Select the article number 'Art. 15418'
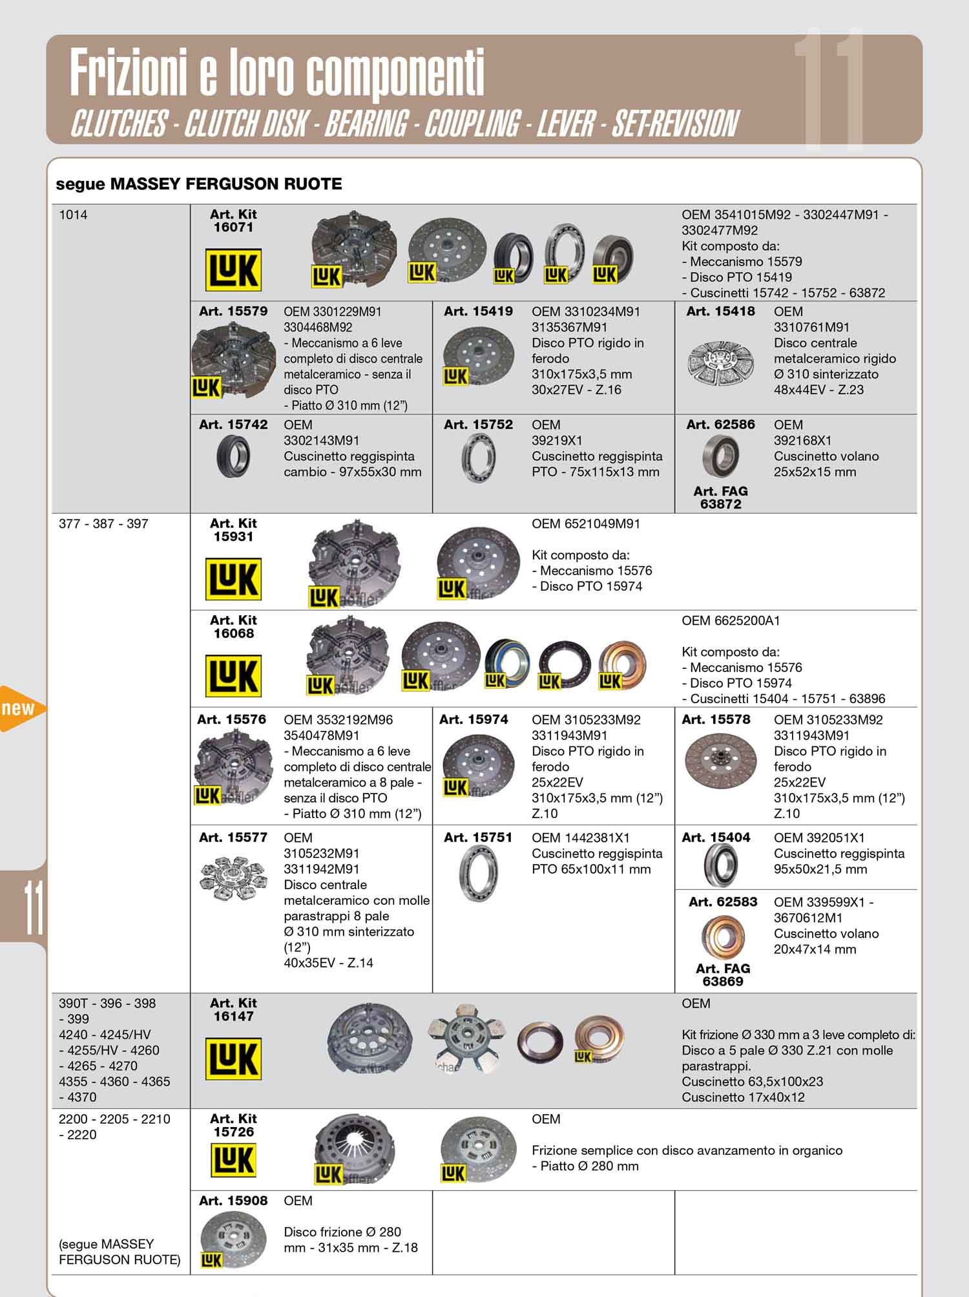(720, 311)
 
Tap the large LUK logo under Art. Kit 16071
(233, 269)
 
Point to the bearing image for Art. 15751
(477, 873)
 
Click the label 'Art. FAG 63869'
(723, 975)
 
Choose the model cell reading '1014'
(73, 215)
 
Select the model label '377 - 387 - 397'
(103, 524)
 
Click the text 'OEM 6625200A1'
(731, 621)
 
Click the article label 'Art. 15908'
(233, 1201)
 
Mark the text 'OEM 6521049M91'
(586, 524)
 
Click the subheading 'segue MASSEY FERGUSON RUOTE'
(199, 184)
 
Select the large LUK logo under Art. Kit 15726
(233, 1160)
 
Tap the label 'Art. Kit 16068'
(233, 627)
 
